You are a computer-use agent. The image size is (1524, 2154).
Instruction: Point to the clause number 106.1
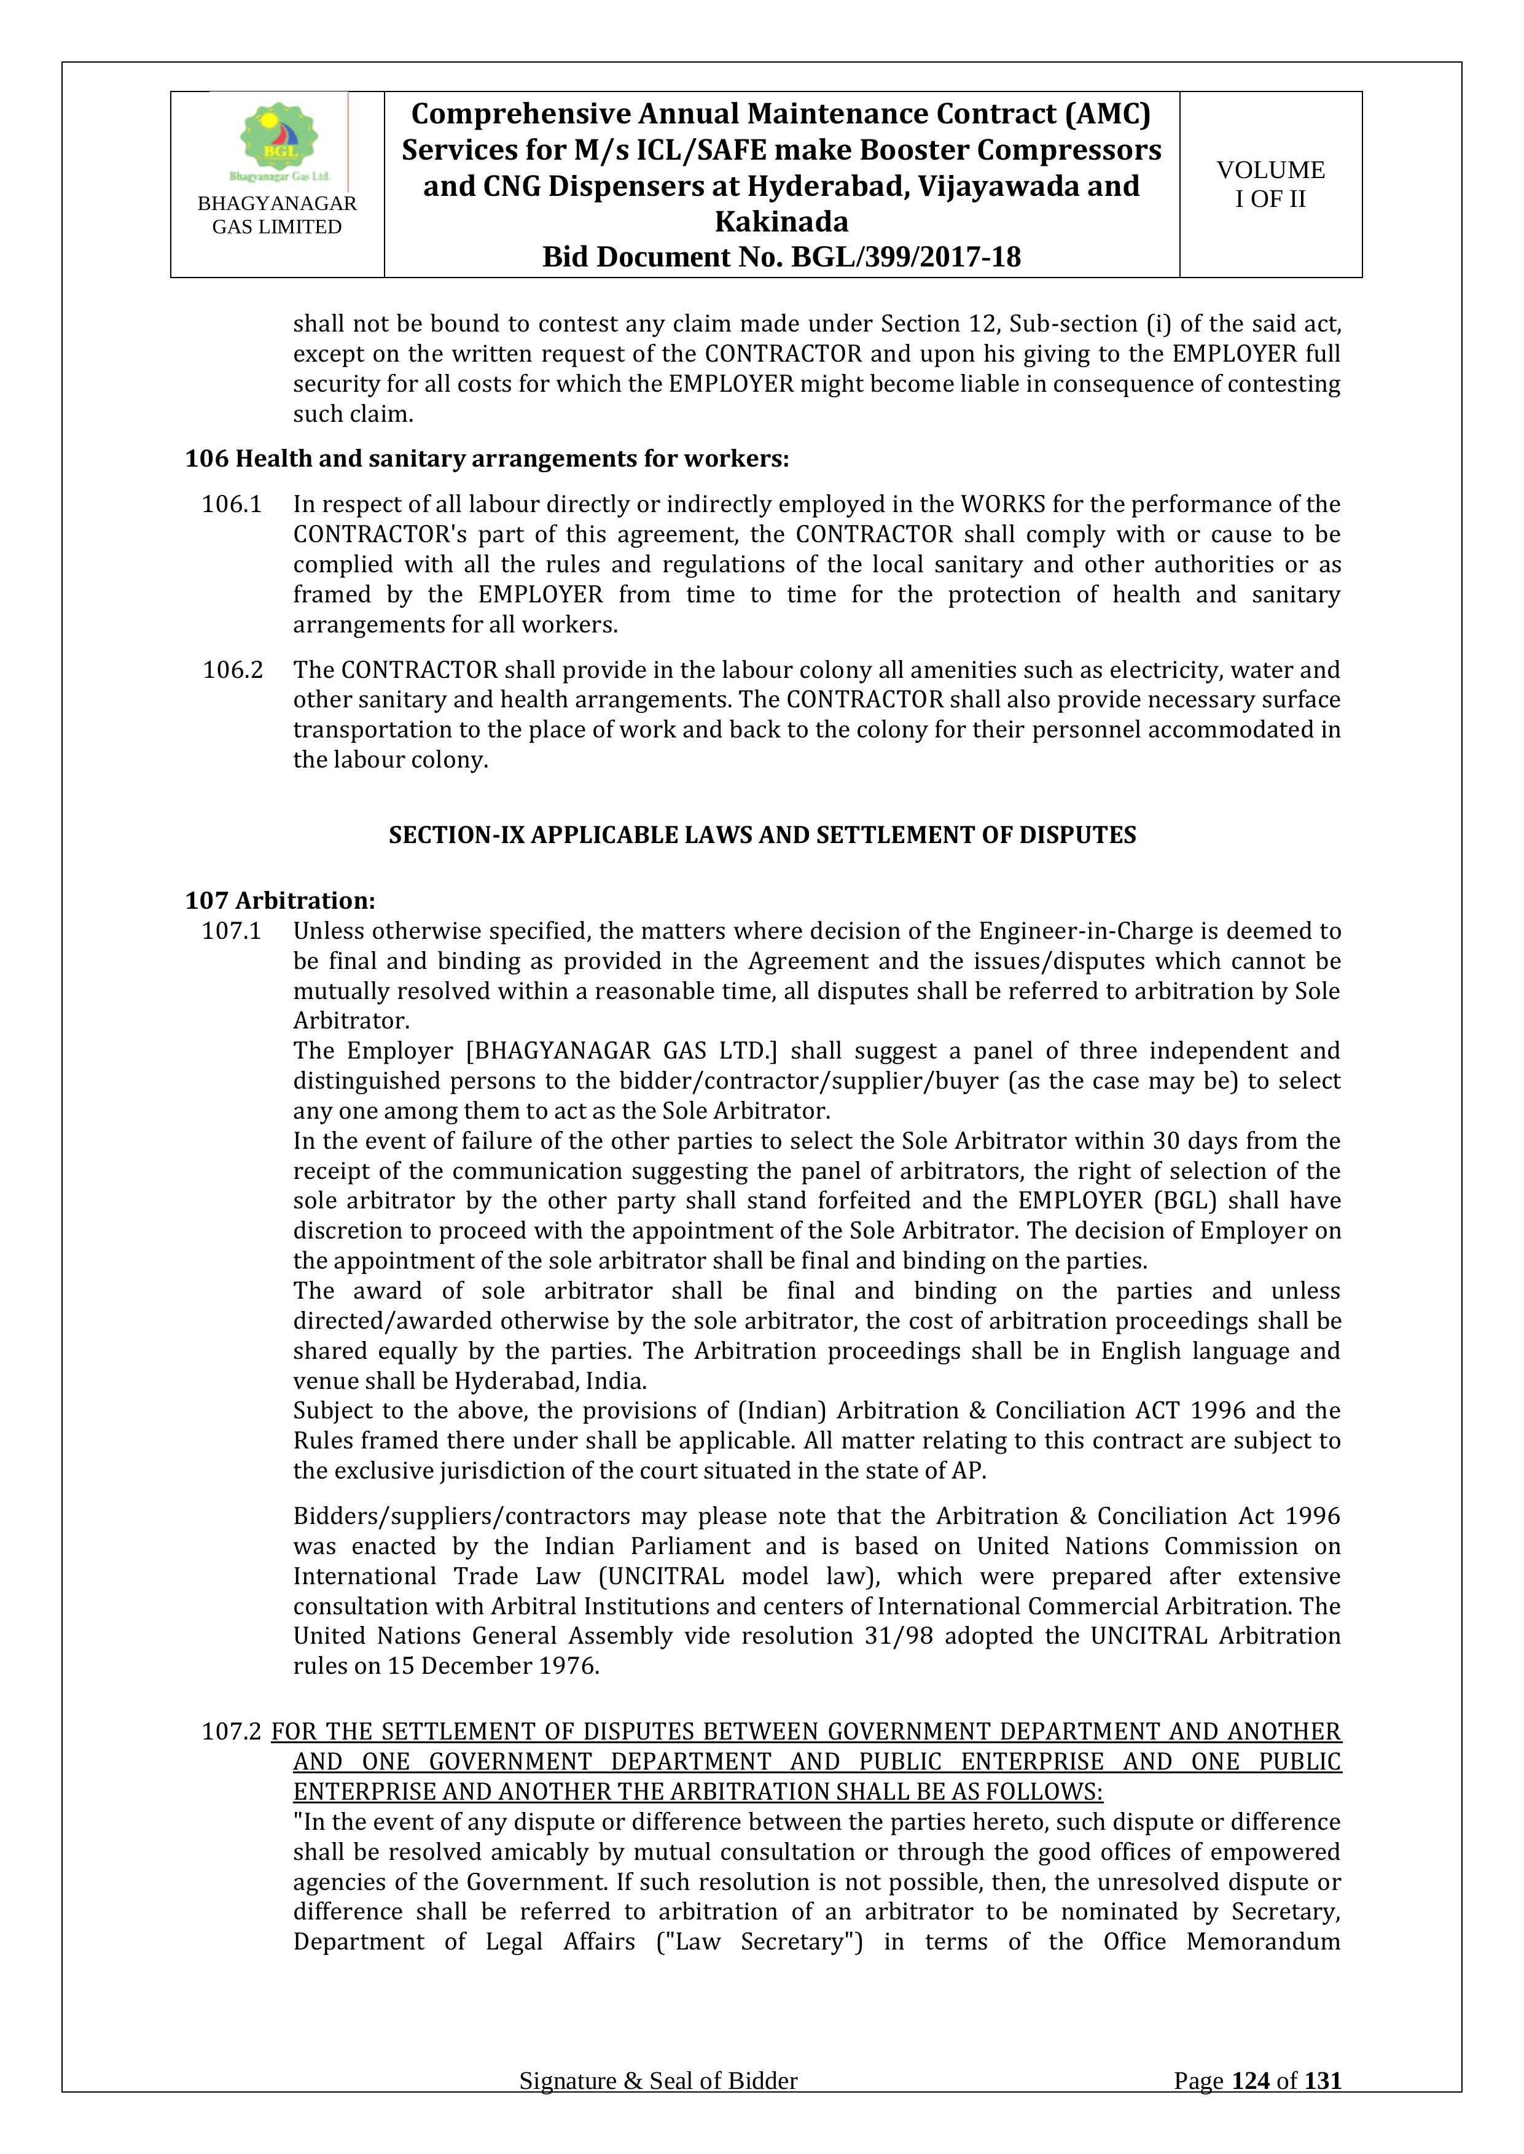[x=231, y=505]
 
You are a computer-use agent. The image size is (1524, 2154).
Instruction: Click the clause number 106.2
[x=232, y=670]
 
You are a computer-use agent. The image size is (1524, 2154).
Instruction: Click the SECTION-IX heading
[x=762, y=835]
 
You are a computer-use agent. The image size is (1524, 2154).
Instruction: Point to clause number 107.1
[x=231, y=931]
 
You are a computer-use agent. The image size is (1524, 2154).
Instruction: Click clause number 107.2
[x=231, y=1731]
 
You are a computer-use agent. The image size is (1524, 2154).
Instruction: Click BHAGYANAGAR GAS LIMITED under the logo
[x=277, y=215]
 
